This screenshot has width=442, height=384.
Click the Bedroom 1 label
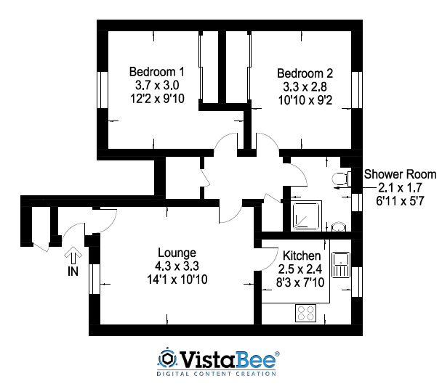click(x=156, y=72)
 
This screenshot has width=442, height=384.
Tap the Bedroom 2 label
click(x=305, y=73)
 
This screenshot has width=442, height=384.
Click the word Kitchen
click(x=300, y=256)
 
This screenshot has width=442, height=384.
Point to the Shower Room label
click(x=400, y=174)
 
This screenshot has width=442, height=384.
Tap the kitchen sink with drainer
click(x=340, y=266)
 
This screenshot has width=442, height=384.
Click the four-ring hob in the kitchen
click(x=306, y=314)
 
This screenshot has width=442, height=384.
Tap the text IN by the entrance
click(x=73, y=271)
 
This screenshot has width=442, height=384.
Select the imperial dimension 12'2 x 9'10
click(x=156, y=99)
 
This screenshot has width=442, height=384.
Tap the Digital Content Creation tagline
click(x=217, y=374)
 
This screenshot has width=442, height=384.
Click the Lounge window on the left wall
click(x=92, y=280)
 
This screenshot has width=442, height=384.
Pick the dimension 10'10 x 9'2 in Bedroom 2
click(x=305, y=99)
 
